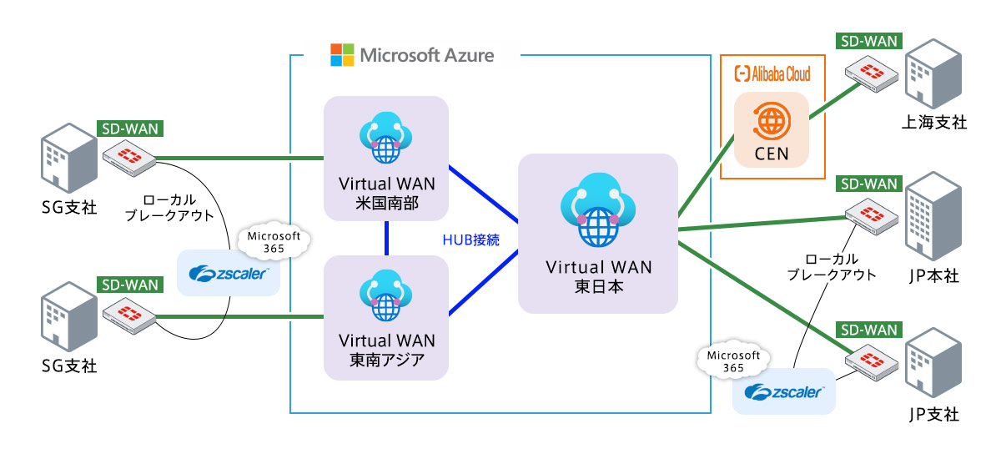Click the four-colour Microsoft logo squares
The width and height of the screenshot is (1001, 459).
click(x=343, y=55)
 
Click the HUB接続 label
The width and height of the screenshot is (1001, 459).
click(x=470, y=240)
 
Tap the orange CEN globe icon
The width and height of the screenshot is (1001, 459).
click(x=772, y=122)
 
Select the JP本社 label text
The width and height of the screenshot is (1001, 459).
click(x=934, y=276)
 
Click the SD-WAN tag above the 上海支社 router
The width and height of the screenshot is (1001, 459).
click(x=867, y=40)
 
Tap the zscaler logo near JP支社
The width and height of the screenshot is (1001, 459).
click(x=784, y=392)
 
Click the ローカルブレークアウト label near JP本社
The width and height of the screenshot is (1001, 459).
click(x=834, y=266)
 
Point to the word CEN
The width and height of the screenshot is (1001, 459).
click(x=772, y=154)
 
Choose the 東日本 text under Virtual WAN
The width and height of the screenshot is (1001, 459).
click(x=598, y=286)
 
